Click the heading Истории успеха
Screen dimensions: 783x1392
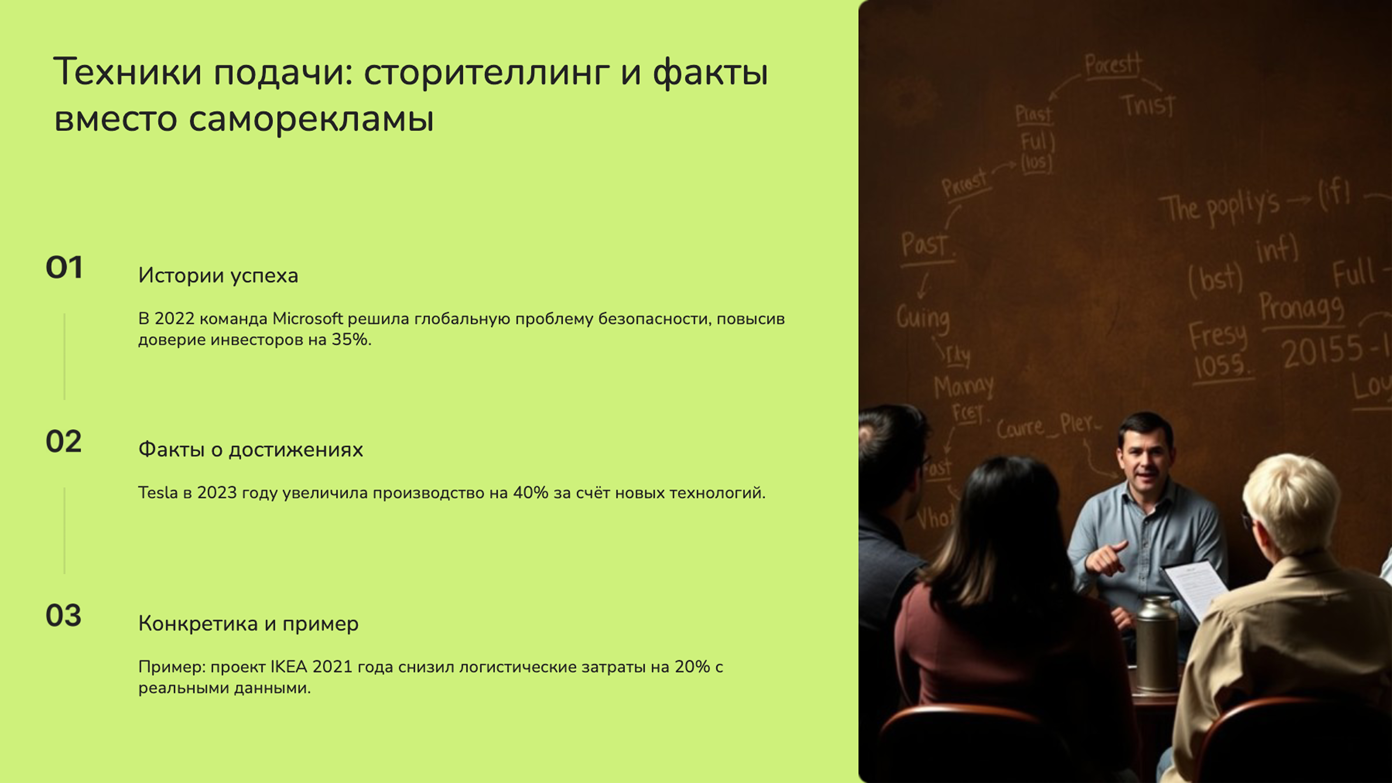point(218,275)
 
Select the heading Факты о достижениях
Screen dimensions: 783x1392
point(250,449)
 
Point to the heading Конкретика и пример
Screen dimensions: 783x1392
point(248,623)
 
